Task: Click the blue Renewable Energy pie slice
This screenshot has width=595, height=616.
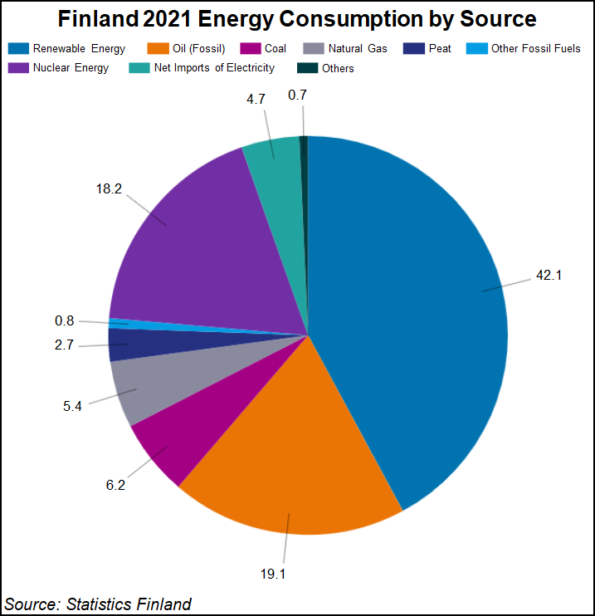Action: coord(415,315)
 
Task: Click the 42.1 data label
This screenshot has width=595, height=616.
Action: coord(549,275)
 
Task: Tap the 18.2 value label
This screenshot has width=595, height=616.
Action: coord(109,188)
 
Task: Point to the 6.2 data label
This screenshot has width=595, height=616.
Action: coord(115,485)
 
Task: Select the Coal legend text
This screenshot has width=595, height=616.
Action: coord(275,49)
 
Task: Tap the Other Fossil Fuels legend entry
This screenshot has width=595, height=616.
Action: coord(535,49)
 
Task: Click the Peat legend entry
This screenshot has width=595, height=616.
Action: coord(440,49)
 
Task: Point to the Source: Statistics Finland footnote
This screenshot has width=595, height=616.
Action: coord(98,604)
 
